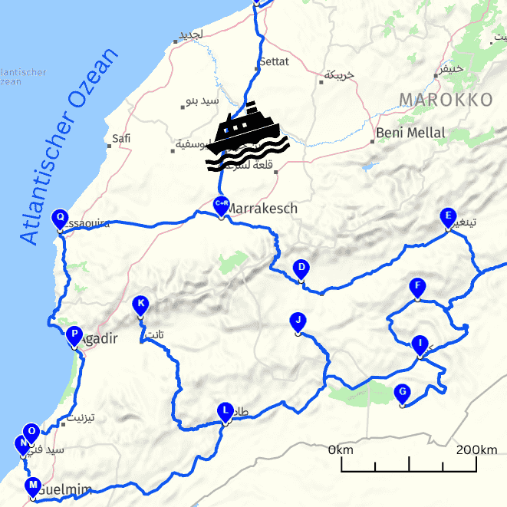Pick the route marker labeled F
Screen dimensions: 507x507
pyautogui.click(x=417, y=288)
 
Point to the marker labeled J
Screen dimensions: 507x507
pyautogui.click(x=298, y=321)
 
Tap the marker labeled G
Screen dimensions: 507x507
pyautogui.click(x=402, y=393)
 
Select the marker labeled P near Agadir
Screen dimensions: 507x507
pyautogui.click(x=74, y=335)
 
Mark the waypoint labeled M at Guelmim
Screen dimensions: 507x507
pyautogui.click(x=33, y=486)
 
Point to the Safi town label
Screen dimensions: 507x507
pyautogui.click(x=121, y=140)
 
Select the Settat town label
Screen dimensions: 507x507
pyautogui.click(x=275, y=61)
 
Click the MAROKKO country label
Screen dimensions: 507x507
pyautogui.click(x=446, y=100)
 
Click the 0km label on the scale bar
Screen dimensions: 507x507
pyautogui.click(x=341, y=449)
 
